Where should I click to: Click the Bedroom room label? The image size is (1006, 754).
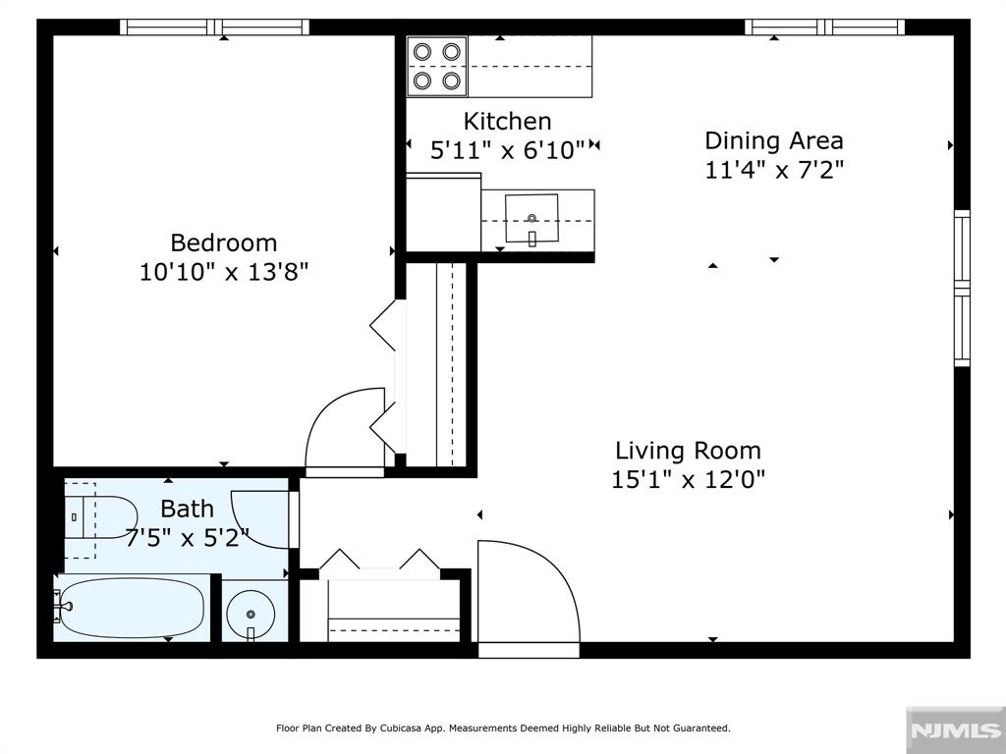[x=224, y=243]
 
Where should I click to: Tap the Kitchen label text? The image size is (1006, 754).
[x=508, y=121]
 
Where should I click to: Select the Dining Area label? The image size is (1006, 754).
[x=774, y=140]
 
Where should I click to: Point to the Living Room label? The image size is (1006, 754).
[x=688, y=450]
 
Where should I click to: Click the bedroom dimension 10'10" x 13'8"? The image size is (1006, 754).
[x=224, y=272]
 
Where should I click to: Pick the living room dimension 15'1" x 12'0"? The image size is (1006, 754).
[x=688, y=479]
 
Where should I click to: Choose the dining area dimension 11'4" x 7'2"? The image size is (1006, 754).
[x=774, y=170]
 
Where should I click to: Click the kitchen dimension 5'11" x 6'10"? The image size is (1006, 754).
[x=508, y=150]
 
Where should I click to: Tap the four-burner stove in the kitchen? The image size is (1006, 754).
[x=437, y=67]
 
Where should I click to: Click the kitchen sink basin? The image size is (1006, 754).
[x=531, y=219]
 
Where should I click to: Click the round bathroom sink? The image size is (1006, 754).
[x=251, y=615]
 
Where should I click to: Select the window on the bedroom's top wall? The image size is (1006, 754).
[x=215, y=27]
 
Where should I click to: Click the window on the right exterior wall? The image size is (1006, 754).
[x=962, y=288]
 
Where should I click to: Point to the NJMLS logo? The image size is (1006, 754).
[x=955, y=730]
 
